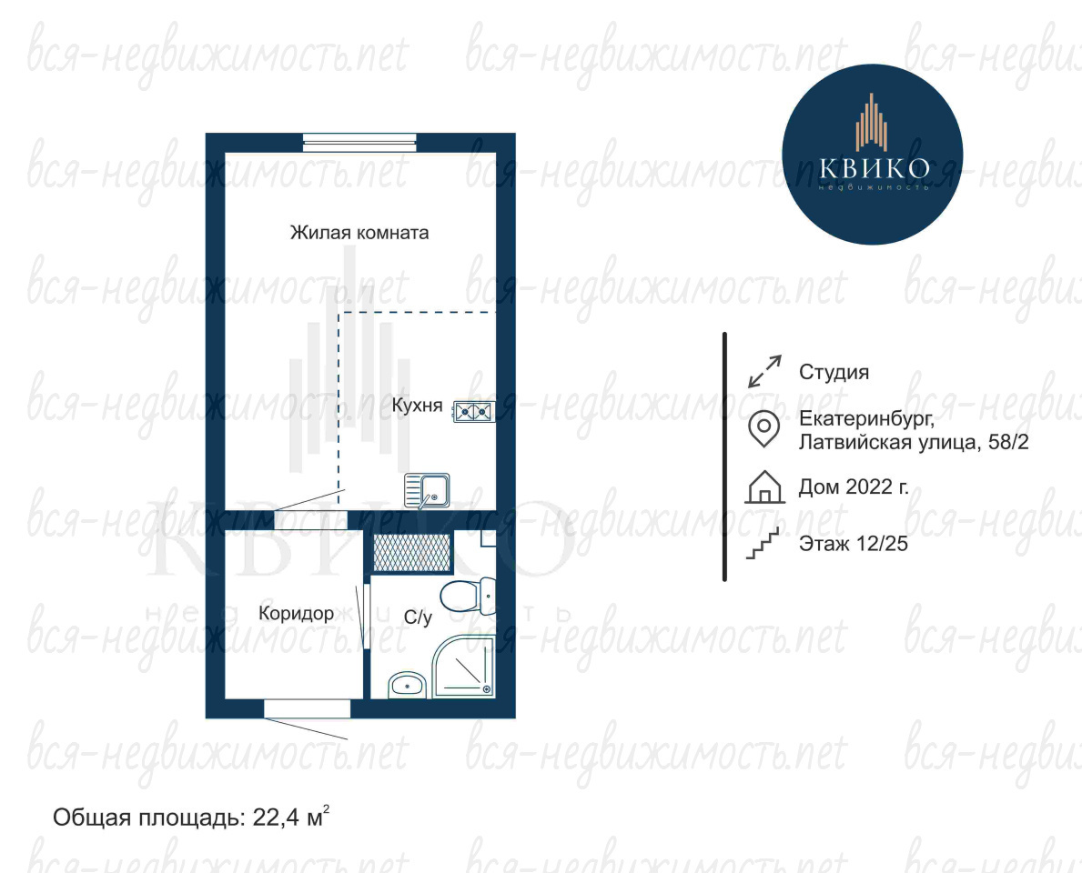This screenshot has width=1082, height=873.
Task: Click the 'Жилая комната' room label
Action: pos(359,233)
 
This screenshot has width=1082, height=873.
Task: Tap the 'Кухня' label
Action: pos(417,405)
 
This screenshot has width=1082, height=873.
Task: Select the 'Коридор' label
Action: pos(296,613)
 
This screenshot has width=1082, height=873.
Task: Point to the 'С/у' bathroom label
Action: pos(418,617)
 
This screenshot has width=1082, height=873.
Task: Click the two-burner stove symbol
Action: pos(474,412)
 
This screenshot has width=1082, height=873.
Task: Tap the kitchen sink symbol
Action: pos(427,490)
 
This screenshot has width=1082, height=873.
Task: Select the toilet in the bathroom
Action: pos(469,597)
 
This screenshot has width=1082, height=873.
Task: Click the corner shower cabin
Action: pos(464,667)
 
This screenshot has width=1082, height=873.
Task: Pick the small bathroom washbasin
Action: pos(407,685)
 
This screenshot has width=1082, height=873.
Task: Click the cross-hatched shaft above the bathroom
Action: pos(411,552)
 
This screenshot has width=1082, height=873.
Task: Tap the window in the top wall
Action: pos(359,143)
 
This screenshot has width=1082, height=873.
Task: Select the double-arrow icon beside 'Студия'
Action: pos(764,372)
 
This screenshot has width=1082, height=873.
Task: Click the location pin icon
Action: pos(764,429)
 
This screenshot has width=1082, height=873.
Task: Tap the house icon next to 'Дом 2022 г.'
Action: pos(764,487)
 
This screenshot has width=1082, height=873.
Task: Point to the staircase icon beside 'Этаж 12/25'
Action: pos(763,544)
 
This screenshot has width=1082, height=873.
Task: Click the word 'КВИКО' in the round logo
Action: pos(874,168)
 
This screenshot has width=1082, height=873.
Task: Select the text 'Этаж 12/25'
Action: pos(854,544)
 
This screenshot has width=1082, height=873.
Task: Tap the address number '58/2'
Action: pos(1008,442)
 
